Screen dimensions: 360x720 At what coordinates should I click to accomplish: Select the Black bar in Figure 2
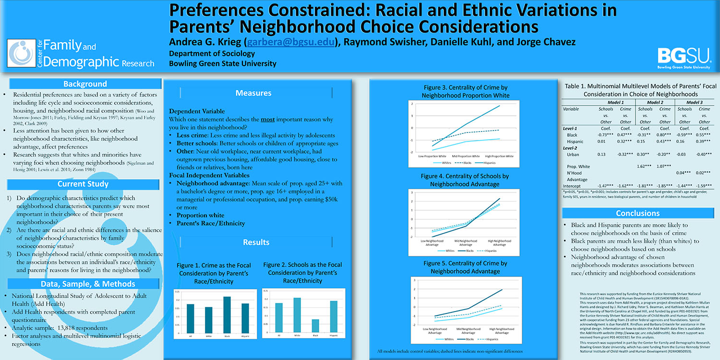click(315, 326)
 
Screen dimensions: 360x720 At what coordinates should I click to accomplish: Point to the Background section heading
click(85, 84)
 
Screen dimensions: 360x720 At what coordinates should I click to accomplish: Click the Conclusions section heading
click(637, 213)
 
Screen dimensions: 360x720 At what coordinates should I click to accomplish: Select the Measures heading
click(253, 93)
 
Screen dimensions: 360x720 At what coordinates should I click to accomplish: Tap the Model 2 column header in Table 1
click(655, 102)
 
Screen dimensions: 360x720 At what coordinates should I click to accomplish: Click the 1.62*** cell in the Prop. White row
click(645, 166)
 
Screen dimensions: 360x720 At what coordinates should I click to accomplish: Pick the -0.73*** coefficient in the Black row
click(605, 135)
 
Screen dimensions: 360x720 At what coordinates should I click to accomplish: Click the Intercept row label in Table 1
click(572, 186)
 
